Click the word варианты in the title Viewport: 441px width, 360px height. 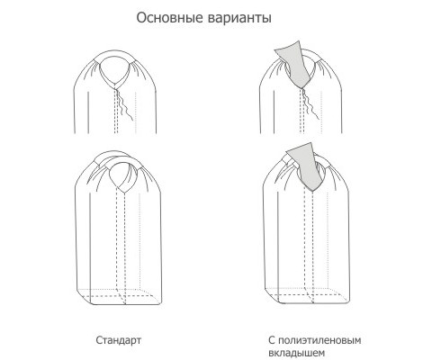(239, 19)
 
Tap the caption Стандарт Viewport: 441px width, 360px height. (119, 340)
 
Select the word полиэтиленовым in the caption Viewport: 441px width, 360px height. (319, 340)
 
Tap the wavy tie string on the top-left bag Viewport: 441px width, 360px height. (124, 104)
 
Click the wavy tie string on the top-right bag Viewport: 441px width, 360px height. (310, 103)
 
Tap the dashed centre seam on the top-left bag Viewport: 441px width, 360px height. (117, 110)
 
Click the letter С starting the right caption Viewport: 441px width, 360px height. (272, 341)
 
